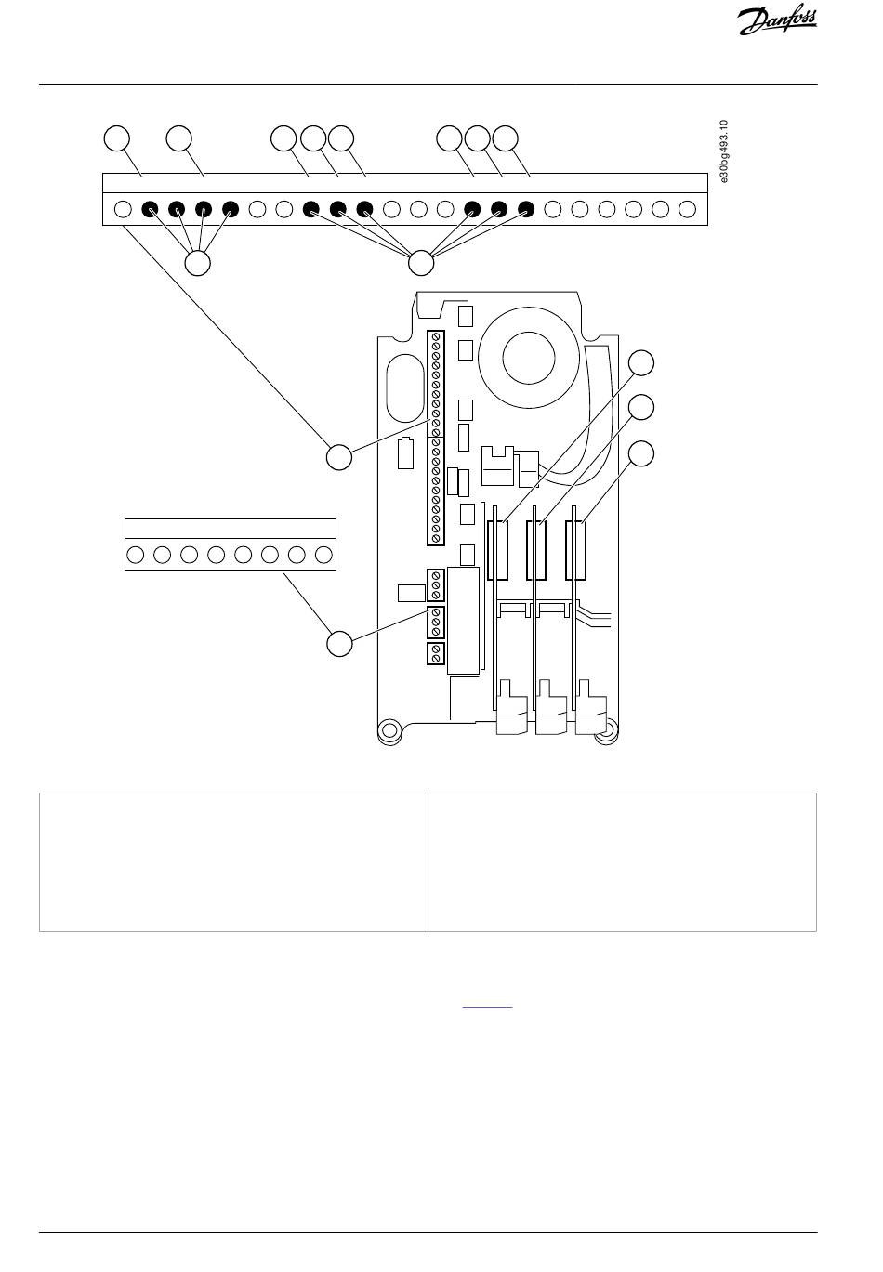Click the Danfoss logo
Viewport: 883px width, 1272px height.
tap(777, 20)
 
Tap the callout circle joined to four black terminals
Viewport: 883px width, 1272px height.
tap(198, 263)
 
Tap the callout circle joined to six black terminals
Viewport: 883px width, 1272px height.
tap(421, 263)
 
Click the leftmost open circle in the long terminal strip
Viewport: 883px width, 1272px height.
tap(123, 209)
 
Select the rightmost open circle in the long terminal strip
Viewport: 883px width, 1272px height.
tap(687, 209)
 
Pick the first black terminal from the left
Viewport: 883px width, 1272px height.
tap(150, 209)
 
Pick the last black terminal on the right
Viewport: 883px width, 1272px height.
tap(526, 209)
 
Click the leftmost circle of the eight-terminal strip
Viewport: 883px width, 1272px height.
tap(135, 555)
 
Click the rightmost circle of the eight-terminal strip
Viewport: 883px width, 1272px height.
tap(323, 555)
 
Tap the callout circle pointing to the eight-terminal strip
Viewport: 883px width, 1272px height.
tap(339, 643)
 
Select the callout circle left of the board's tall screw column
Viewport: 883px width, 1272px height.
tap(339, 457)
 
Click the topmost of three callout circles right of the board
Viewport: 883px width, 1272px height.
tap(640, 362)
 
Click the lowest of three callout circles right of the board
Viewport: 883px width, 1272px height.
tap(640, 453)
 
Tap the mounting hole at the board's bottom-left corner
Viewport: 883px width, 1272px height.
tap(389, 729)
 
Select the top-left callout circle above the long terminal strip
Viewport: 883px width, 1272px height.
tap(116, 138)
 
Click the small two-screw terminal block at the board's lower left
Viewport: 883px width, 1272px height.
tap(435, 654)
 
